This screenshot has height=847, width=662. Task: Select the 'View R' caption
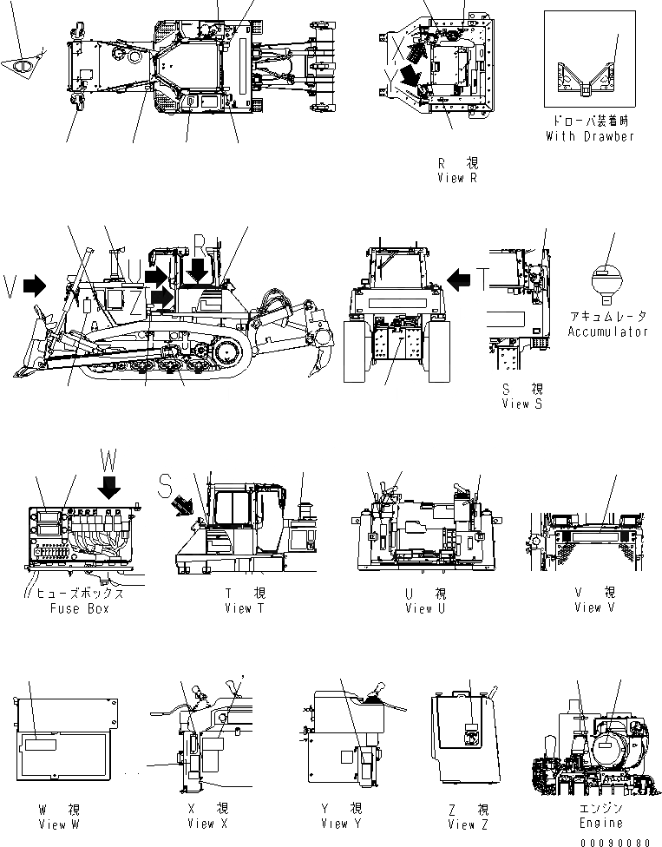(457, 178)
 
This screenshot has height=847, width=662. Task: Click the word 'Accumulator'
(608, 332)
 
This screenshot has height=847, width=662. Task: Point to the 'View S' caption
(521, 404)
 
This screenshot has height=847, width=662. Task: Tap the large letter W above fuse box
(108, 458)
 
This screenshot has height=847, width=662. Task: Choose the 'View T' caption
(244, 608)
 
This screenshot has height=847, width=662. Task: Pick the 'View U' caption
(425, 608)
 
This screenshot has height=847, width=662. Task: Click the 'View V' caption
(594, 607)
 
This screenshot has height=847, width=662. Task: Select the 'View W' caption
(59, 824)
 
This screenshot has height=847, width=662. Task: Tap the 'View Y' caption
(341, 824)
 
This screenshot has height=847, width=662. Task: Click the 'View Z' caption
(469, 824)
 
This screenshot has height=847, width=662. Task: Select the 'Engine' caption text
(600, 823)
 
